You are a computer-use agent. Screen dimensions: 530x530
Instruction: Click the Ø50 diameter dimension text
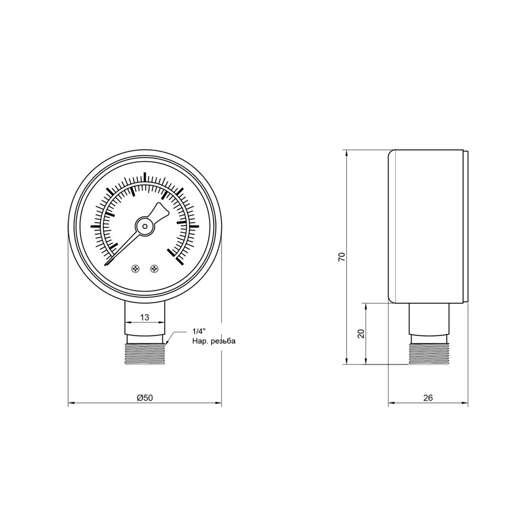pyautogui.click(x=144, y=397)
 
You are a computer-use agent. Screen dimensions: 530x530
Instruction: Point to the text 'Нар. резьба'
pyautogui.click(x=213, y=341)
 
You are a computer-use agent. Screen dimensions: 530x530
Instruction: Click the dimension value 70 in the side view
pyautogui.click(x=342, y=257)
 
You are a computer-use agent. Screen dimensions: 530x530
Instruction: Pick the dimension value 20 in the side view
pyautogui.click(x=361, y=333)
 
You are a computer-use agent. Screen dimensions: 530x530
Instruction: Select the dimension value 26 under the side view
pyautogui.click(x=428, y=397)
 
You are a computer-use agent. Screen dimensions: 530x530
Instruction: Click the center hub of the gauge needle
pyautogui.click(x=144, y=226)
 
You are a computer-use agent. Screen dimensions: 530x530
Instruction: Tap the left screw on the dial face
pyautogui.click(x=135, y=269)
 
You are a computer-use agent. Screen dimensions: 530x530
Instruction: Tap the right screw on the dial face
pyautogui.click(x=154, y=269)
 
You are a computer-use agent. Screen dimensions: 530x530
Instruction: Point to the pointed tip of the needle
pyautogui.click(x=107, y=263)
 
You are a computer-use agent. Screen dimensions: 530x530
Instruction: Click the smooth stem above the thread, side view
pyautogui.click(x=429, y=319)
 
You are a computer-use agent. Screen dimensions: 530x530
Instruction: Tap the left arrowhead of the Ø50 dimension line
pyautogui.click(x=70, y=404)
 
